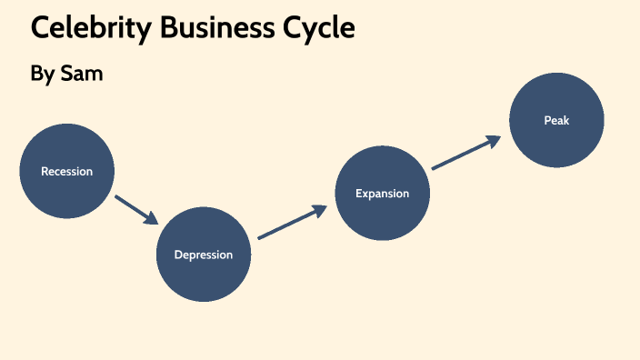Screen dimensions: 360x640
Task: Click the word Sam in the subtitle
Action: (82, 75)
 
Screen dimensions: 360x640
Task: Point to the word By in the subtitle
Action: (43, 75)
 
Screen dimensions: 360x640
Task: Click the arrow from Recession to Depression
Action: (136, 208)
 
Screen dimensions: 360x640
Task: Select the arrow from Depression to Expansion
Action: (291, 223)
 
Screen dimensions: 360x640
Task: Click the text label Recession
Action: (66, 171)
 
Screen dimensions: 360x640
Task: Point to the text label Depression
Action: (204, 255)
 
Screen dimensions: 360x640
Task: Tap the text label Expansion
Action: (382, 193)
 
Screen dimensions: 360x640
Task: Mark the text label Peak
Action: (556, 120)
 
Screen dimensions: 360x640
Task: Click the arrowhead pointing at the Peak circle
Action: (494, 140)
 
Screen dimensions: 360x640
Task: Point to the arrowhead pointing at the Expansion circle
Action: (319, 210)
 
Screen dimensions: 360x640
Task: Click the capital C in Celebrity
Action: (41, 28)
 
